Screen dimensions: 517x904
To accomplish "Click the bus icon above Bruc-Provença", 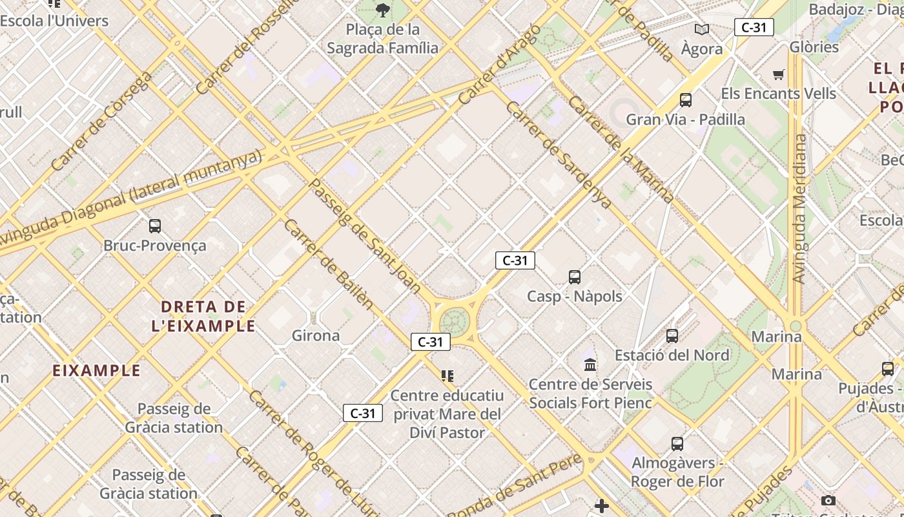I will pyautogui.click(x=155, y=226).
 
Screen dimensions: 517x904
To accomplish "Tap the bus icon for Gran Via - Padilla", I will pyautogui.click(x=686, y=100).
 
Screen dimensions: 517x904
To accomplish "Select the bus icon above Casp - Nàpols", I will pyautogui.click(x=575, y=277).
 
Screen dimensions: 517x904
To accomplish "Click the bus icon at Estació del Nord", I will pyautogui.click(x=672, y=336).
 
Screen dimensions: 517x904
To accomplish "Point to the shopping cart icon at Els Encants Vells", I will pyautogui.click(x=779, y=75).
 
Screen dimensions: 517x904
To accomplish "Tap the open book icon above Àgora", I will pyautogui.click(x=702, y=29).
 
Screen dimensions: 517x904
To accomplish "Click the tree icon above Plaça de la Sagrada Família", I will pyautogui.click(x=383, y=10).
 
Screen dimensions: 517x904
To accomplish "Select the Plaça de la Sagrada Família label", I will pyautogui.click(x=382, y=39).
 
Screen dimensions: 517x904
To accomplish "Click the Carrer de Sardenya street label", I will pyautogui.click(x=559, y=155).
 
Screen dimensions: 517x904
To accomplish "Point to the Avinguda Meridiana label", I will pyautogui.click(x=799, y=209).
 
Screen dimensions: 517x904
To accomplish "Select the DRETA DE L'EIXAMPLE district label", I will pyautogui.click(x=203, y=316).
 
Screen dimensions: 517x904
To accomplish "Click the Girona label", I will pyautogui.click(x=316, y=335).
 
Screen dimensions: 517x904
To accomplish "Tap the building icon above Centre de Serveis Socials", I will pyautogui.click(x=590, y=365).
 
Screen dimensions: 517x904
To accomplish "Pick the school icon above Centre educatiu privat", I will pyautogui.click(x=447, y=376).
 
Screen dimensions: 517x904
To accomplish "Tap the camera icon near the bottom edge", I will pyautogui.click(x=828, y=501).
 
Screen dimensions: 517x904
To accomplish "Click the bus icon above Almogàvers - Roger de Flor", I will pyautogui.click(x=677, y=444).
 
